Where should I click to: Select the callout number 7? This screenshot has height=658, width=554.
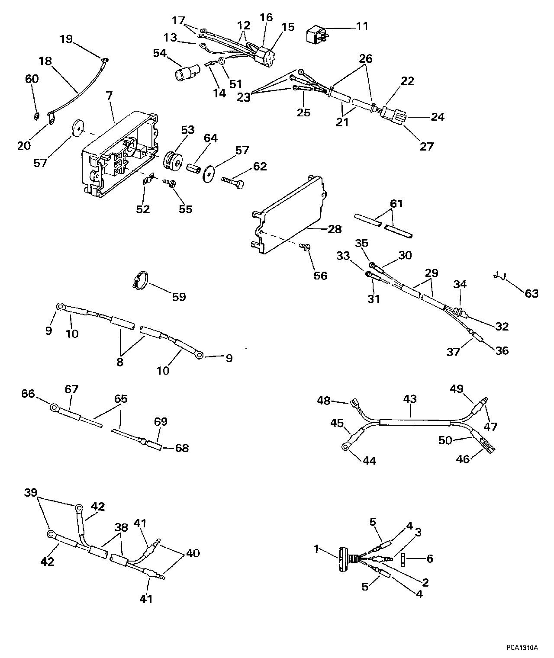pyautogui.click(x=109, y=96)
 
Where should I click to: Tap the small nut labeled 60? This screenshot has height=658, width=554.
pyautogui.click(x=37, y=116)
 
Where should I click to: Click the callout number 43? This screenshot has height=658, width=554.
pyautogui.click(x=409, y=399)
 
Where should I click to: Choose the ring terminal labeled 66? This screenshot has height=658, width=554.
pyautogui.click(x=55, y=407)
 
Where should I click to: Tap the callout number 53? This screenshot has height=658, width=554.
pyautogui.click(x=187, y=130)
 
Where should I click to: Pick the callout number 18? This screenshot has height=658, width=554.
pyautogui.click(x=45, y=61)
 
